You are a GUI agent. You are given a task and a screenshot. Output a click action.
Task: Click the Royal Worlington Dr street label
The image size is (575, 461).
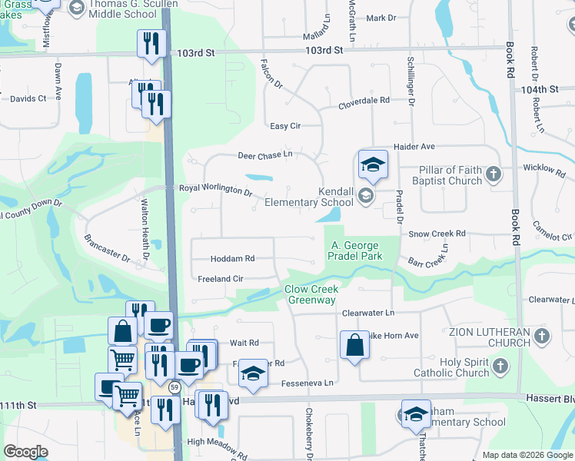pos(216,189)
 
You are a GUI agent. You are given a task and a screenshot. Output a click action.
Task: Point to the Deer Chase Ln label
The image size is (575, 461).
pos(265,154)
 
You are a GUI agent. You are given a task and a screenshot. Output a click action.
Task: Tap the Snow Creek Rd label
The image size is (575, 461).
pos(437,234)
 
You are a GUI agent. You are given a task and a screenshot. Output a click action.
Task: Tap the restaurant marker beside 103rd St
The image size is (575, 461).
pos(151,44)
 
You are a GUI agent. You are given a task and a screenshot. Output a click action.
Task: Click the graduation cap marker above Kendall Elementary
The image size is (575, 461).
pos(373,164)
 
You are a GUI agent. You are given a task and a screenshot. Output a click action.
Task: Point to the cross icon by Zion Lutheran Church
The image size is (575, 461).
pos(542,337)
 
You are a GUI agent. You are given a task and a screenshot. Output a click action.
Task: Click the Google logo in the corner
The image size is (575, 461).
pos(26,452)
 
